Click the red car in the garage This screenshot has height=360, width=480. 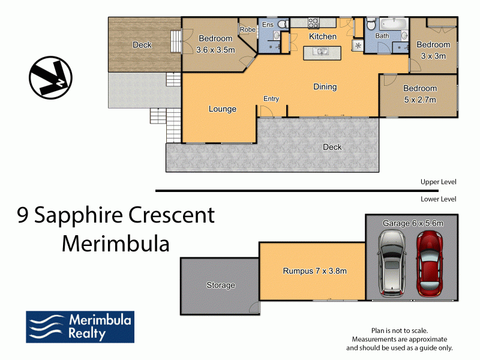click(x=430, y=264)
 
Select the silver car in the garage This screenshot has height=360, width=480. click(x=392, y=264)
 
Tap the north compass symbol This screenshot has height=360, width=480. click(x=50, y=77)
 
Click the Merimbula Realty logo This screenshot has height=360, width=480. click(x=80, y=327)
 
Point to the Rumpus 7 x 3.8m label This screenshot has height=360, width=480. click(x=314, y=271)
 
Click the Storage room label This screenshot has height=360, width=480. click(x=221, y=285)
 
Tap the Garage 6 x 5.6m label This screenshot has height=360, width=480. click(x=413, y=223)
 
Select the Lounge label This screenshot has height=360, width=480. click(x=223, y=109)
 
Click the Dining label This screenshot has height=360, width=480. click(x=325, y=87)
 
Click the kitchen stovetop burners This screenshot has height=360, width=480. click(x=313, y=23)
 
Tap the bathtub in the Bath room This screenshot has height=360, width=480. click(x=394, y=24)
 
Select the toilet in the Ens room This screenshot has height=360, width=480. click(x=283, y=24)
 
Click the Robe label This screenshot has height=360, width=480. click(x=248, y=29)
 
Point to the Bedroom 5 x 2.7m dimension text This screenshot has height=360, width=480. click(x=420, y=100)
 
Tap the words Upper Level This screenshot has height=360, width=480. click(x=439, y=182)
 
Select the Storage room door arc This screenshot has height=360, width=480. click(x=254, y=307)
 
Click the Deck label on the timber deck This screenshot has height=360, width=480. click(x=142, y=45)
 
